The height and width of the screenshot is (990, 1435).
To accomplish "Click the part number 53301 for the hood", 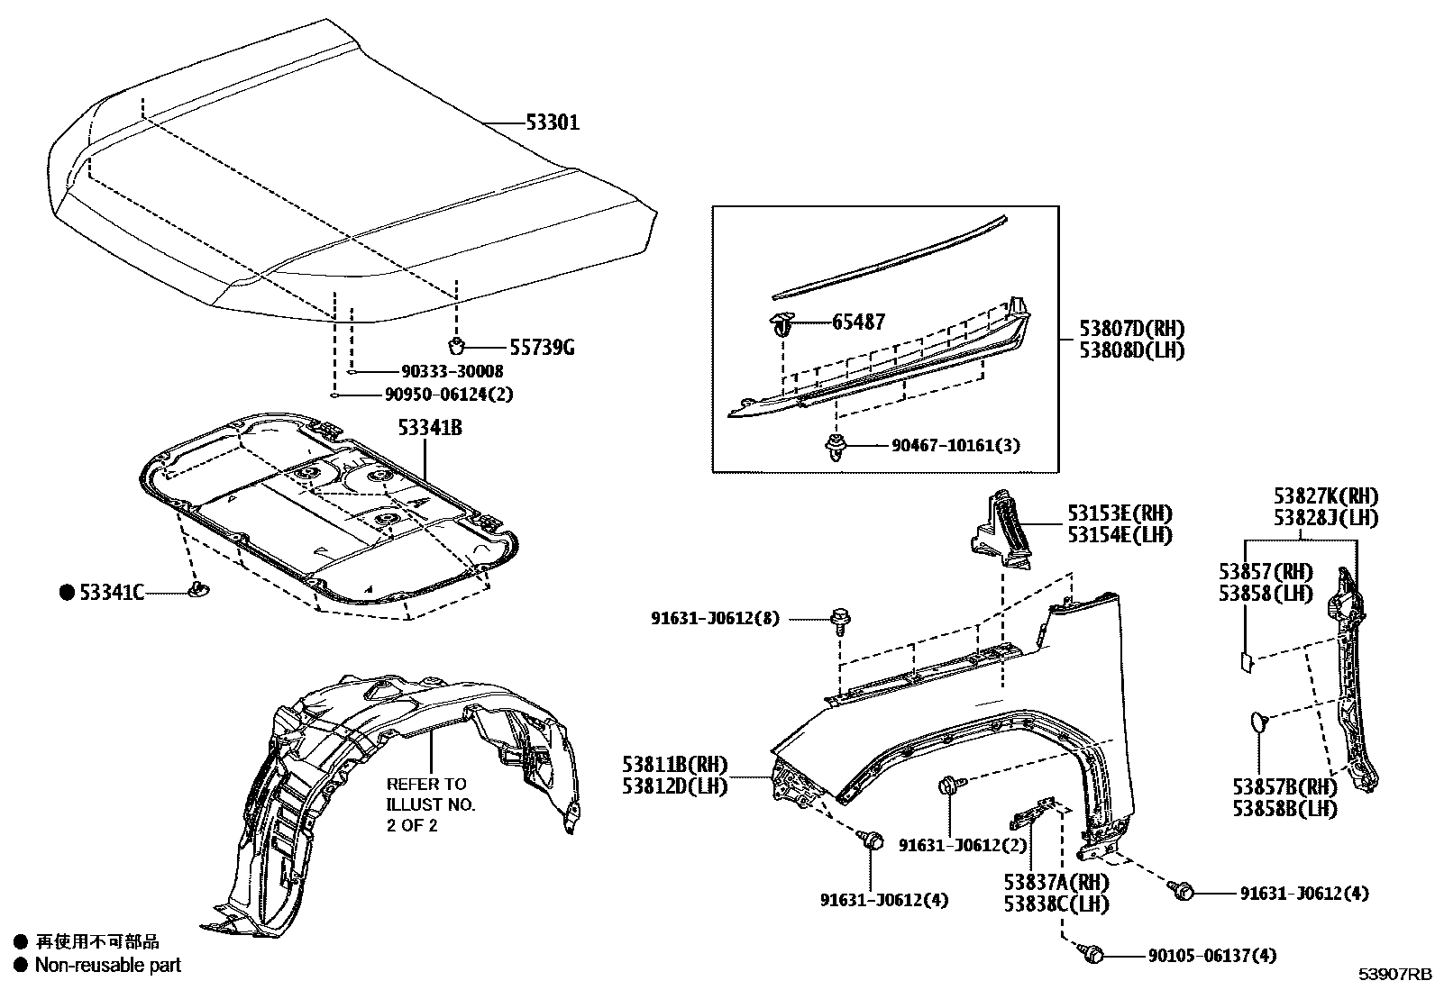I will [553, 123].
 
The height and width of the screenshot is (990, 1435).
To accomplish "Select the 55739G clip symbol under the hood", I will [457, 346].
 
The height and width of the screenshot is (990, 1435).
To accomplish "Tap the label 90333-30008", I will [439, 371].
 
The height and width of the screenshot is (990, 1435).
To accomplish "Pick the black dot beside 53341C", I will [66, 592].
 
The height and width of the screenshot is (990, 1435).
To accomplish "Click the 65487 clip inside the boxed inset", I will [780, 322].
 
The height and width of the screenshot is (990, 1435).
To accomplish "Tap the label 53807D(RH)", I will [1132, 329].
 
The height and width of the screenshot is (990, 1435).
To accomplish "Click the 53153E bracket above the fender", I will [1002, 531].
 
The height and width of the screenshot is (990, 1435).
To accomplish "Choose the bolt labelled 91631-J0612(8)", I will [840, 619].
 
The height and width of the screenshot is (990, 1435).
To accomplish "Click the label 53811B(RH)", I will [673, 765].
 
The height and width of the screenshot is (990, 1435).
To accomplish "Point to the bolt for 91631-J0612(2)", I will [947, 786].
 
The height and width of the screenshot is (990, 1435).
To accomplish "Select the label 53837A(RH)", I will [1056, 882].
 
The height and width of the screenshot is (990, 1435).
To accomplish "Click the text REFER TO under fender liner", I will [426, 784].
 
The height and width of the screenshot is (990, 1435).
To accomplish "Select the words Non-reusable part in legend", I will [107, 965].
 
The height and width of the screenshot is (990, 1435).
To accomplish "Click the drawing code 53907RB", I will [1394, 975].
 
